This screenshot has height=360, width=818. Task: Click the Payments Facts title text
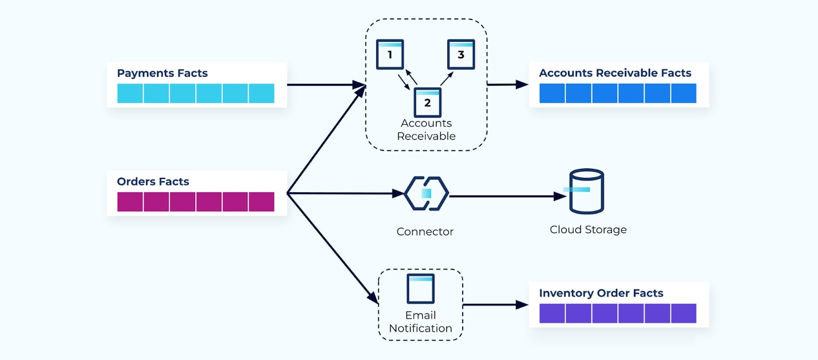point(162,73)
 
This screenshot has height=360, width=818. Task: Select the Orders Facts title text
point(153,182)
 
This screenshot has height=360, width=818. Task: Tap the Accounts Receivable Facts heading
point(615,73)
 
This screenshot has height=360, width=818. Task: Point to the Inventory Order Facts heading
point(601,293)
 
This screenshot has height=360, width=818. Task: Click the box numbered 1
point(390,54)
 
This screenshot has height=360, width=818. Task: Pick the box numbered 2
point(427,102)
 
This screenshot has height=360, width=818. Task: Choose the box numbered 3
point(461,54)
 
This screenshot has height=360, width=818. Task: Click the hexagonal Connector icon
point(426,193)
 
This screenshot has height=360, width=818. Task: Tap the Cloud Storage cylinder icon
point(586,191)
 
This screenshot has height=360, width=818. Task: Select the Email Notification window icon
point(421,289)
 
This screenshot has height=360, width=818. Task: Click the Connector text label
point(425,232)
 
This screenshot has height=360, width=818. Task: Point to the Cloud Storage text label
point(588,230)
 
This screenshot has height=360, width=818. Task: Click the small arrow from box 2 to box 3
point(447,78)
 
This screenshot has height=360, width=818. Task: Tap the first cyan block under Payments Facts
point(130,94)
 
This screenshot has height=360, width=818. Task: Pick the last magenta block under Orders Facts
point(261,202)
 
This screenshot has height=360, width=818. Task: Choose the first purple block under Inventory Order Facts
point(552,313)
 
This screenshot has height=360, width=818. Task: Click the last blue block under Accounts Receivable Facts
point(684,94)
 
